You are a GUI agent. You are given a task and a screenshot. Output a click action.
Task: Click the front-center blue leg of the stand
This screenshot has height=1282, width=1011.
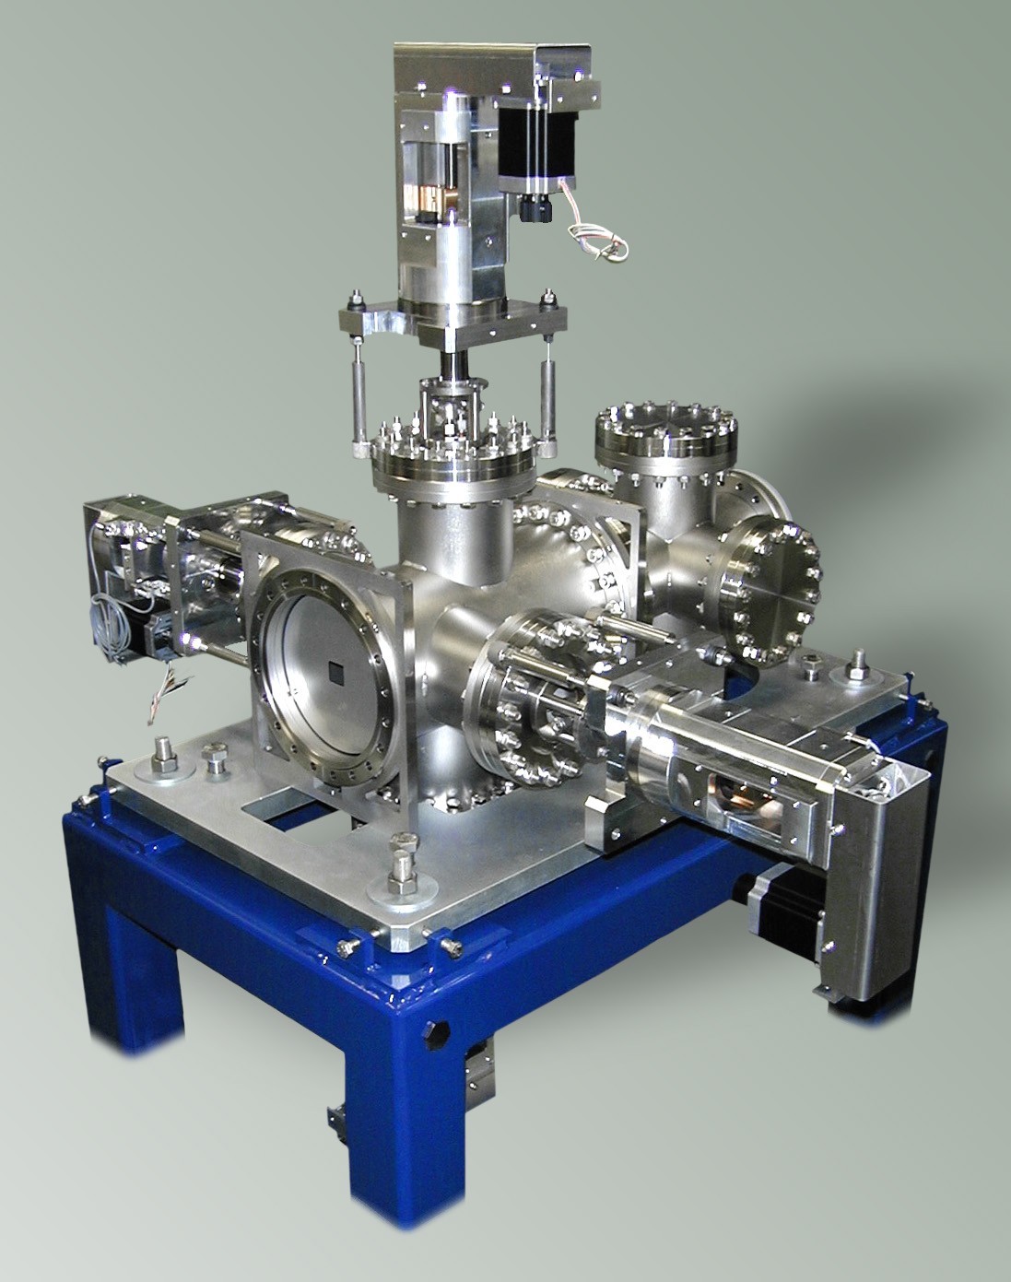point(396,1124)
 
